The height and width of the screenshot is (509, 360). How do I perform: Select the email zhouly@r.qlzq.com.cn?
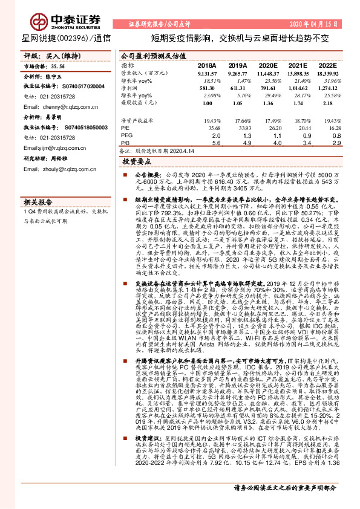(59, 170)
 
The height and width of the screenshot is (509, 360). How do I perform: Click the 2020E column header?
(267, 65)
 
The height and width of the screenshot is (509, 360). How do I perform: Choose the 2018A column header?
(207, 65)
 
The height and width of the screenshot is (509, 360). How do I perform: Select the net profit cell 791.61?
(267, 88)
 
